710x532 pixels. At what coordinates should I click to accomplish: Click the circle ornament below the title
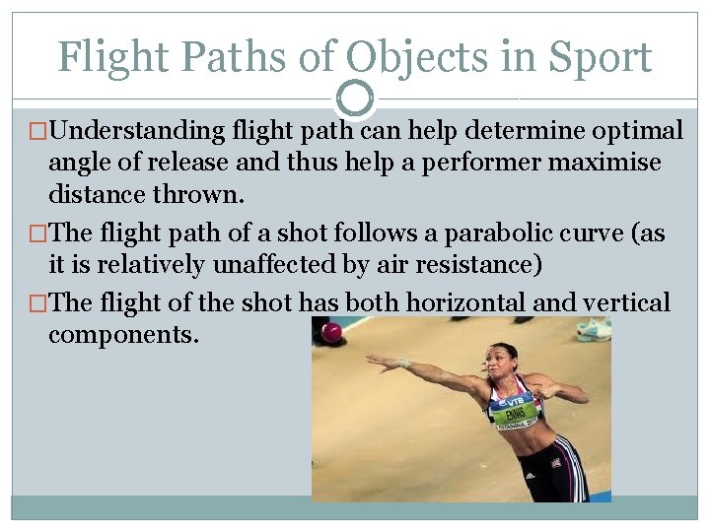355,99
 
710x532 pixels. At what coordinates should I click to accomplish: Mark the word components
123,335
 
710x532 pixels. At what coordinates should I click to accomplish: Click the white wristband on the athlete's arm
402,364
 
